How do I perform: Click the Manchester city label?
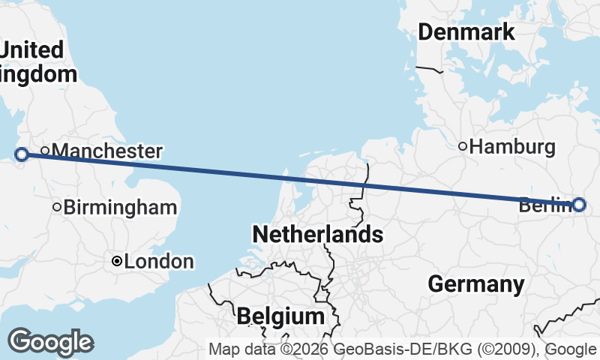[x=106, y=151]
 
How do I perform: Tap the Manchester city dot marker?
[x=45, y=151]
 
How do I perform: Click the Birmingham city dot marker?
[x=57, y=207]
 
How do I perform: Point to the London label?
[x=159, y=262]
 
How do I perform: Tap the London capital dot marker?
[x=117, y=261]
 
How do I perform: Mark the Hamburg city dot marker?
[x=463, y=146]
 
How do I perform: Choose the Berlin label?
[x=544, y=204]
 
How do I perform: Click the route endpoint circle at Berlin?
[x=579, y=204]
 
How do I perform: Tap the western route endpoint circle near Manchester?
[x=22, y=154]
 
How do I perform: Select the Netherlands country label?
[x=317, y=234]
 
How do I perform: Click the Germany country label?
[x=475, y=284]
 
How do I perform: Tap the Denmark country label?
[x=466, y=32]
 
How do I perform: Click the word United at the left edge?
[x=32, y=50]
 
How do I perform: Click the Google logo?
[x=49, y=342]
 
